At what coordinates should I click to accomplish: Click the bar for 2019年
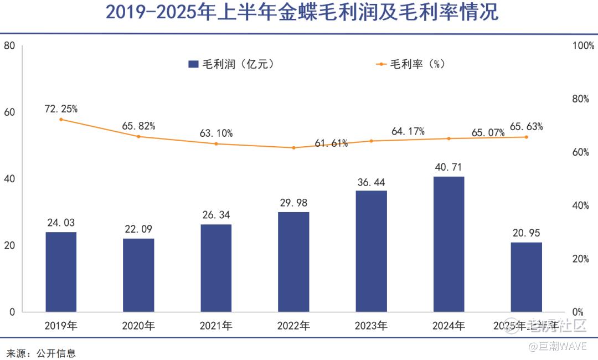pos(61,271)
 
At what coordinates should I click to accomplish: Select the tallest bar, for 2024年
pos(448,244)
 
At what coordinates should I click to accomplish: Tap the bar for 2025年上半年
pos(526,277)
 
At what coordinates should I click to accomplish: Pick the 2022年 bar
pos(293,261)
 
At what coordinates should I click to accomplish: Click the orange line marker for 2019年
pos(61,119)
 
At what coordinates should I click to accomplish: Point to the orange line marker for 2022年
pos(293,148)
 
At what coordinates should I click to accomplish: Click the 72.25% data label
pos(61,109)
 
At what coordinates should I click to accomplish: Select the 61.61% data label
pos(331,143)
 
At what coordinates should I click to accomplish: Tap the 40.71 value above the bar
pos(448,167)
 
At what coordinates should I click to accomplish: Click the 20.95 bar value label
pos(526,233)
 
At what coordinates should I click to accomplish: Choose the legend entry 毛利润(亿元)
pos(231,64)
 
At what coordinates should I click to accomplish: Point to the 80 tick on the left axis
pos(9,45)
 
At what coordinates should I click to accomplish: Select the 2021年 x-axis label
pos(216,326)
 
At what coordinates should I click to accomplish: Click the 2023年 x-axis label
pos(371,326)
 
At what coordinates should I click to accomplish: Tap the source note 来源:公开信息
pos(41,353)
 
